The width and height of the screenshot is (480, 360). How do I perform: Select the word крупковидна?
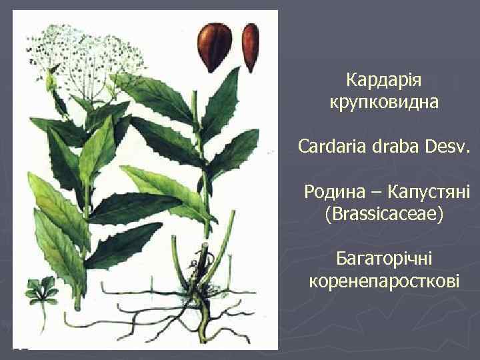(x=383, y=103)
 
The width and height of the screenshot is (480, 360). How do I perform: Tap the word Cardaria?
(x=331, y=146)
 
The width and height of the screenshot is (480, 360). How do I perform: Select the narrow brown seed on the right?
(x=251, y=46)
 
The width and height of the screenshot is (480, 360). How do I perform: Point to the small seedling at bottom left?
(x=42, y=293)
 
